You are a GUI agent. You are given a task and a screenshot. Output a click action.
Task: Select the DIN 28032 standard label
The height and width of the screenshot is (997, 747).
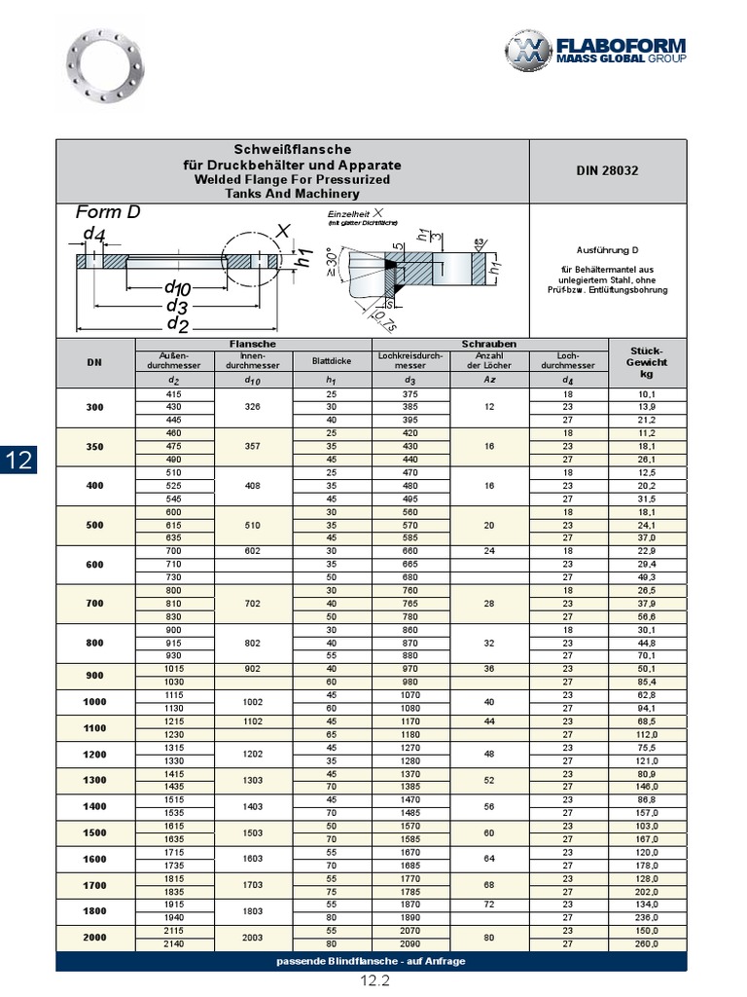(608, 170)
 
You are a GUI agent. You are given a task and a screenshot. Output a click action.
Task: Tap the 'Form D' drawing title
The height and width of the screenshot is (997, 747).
(108, 212)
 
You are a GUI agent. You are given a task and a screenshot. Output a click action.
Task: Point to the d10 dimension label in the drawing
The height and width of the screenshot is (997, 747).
(177, 287)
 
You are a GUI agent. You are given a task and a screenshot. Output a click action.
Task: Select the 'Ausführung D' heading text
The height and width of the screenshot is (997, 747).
(607, 250)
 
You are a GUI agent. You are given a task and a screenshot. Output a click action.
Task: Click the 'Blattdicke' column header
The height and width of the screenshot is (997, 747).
(331, 361)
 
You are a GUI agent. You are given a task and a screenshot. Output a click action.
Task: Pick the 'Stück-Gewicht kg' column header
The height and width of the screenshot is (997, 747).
(646, 361)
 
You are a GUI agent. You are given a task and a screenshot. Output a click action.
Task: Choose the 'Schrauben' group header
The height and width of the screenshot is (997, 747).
(489, 344)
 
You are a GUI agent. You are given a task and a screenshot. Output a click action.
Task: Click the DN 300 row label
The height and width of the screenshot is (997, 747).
(94, 407)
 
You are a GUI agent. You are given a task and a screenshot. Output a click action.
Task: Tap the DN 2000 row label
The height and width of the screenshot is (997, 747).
(94, 938)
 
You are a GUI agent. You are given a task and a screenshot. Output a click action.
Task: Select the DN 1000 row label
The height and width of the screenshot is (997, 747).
(94, 701)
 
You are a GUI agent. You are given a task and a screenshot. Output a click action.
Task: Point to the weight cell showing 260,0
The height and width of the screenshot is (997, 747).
(646, 943)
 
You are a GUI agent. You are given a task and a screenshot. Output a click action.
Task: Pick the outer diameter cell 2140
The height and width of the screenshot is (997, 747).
(174, 943)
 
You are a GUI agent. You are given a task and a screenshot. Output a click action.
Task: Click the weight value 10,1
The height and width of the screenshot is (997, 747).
(646, 394)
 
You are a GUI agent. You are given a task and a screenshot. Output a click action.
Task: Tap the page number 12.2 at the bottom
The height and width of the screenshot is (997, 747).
(374, 981)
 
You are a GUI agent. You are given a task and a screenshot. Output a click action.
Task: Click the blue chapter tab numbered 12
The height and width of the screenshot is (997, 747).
(19, 462)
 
